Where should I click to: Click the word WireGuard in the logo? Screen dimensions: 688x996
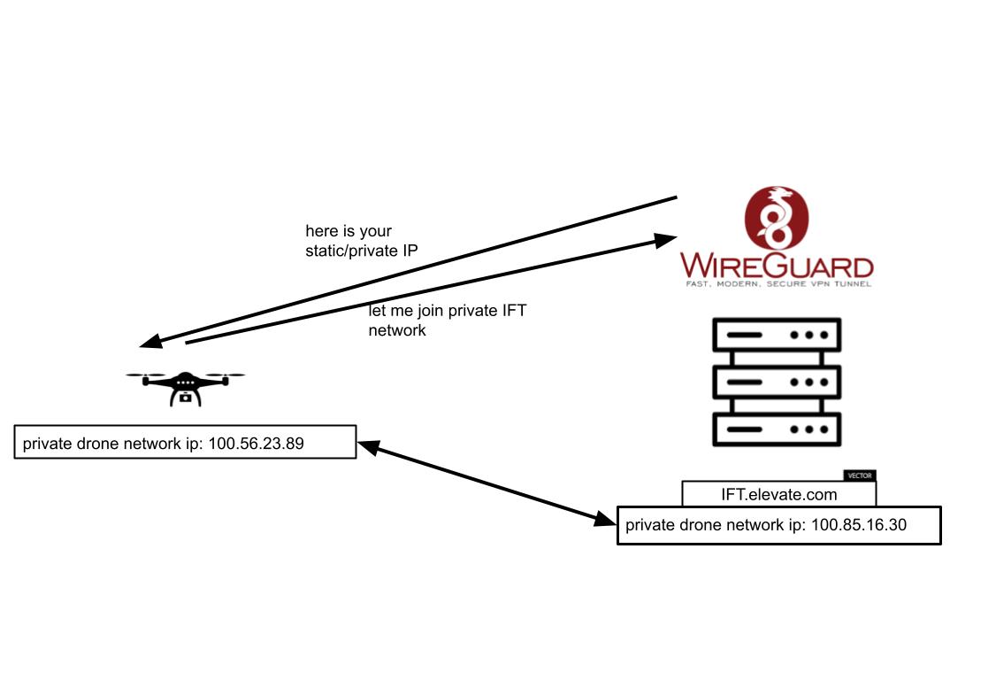pos(777,266)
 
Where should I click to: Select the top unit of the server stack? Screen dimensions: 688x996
pos(777,336)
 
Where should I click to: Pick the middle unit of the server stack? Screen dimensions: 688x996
pos(777,382)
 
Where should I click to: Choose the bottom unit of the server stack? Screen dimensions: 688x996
pos(777,429)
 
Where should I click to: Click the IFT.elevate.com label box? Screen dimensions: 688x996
pos(779,494)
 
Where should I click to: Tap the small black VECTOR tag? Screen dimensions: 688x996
pos(859,475)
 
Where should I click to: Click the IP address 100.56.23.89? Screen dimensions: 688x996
pos(257,444)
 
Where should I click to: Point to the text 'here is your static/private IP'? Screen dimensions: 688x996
pos(362,240)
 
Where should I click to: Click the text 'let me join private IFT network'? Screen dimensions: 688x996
pos(447,320)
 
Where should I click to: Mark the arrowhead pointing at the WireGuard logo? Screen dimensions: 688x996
pos(665,238)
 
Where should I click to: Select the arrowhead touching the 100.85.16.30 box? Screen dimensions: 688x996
pos(606,519)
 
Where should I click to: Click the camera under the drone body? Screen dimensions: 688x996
pos(185,398)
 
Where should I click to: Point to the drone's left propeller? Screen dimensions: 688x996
pos(141,375)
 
